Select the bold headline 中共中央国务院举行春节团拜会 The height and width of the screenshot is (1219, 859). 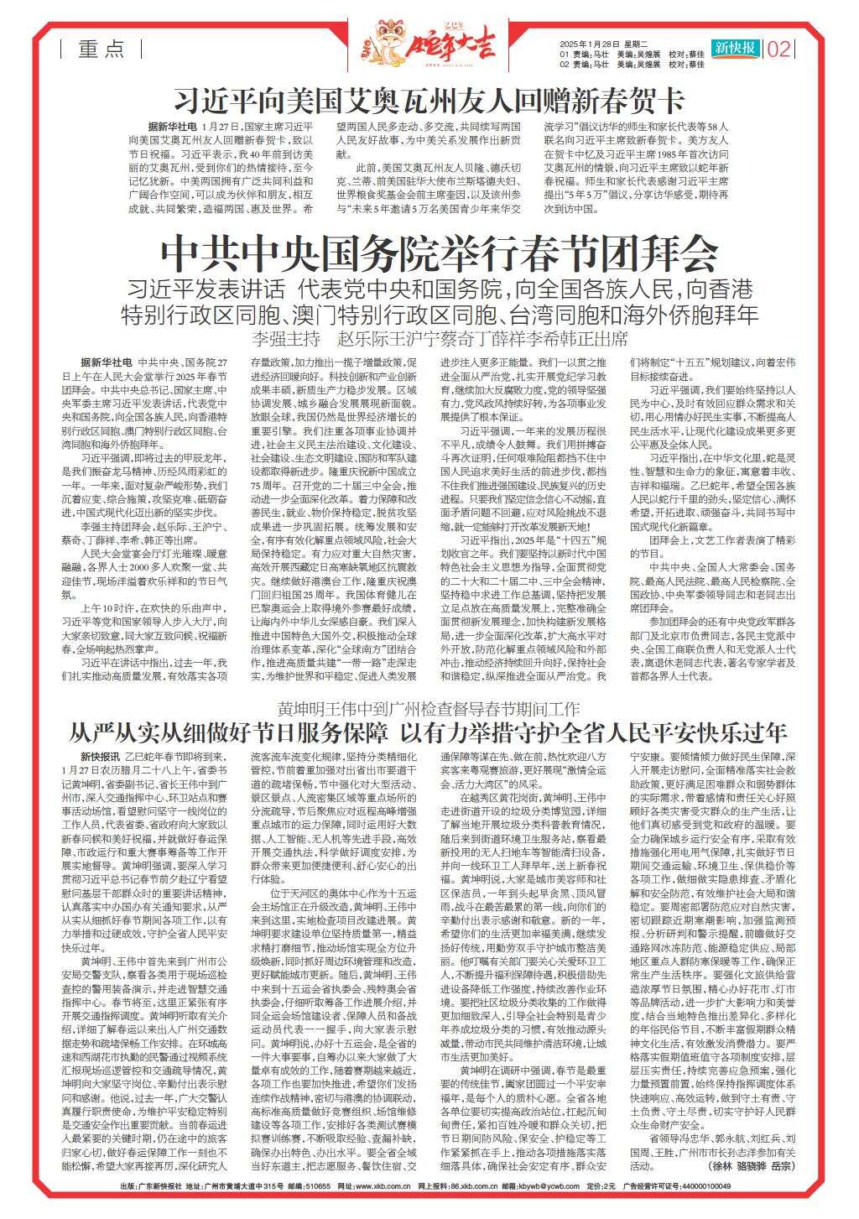(x=440, y=249)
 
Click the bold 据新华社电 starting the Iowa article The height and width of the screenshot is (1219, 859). (x=173, y=124)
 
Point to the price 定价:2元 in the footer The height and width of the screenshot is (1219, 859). (x=600, y=1186)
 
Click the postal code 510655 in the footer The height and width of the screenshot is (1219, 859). (x=320, y=1186)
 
